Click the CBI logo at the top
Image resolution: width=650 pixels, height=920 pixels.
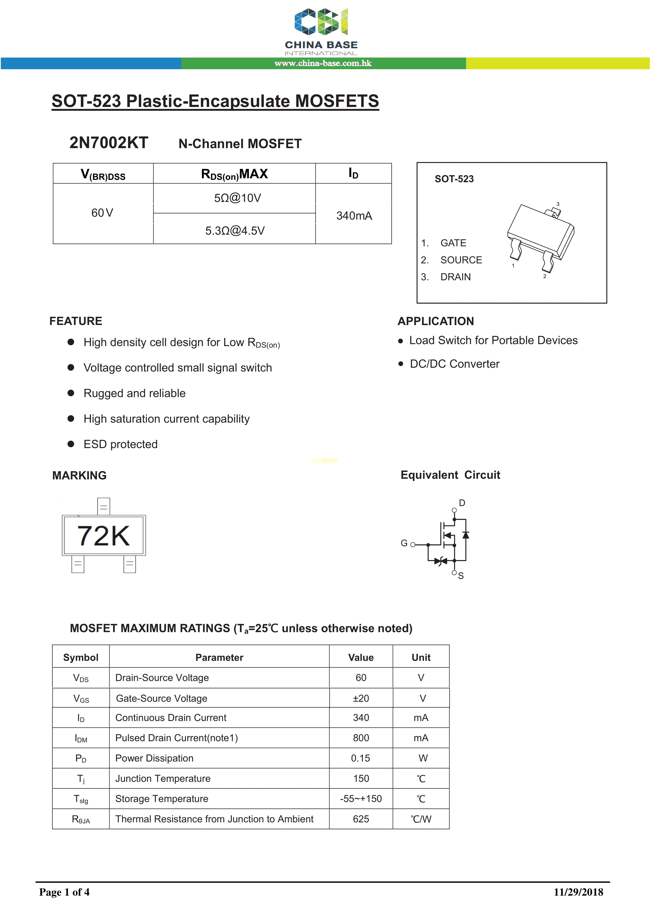[x=321, y=22]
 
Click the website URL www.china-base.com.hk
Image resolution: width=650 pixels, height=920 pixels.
[x=323, y=63]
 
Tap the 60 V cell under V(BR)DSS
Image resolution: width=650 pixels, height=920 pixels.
[x=102, y=213]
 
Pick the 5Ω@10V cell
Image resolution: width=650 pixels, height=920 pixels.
[x=237, y=198]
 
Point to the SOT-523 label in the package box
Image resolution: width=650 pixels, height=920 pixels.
[x=454, y=179]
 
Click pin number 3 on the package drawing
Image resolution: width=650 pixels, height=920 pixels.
[x=558, y=204]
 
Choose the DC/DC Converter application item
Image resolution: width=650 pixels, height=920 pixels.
[x=455, y=364]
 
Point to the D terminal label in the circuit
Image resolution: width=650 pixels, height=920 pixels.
[x=462, y=503]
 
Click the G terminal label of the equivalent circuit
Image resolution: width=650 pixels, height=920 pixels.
[x=404, y=543]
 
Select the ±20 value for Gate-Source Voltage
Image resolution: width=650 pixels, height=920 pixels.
[x=361, y=698]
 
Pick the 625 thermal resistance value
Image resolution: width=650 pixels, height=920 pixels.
[x=361, y=819]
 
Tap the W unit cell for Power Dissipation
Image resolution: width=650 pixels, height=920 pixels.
[x=423, y=758]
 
